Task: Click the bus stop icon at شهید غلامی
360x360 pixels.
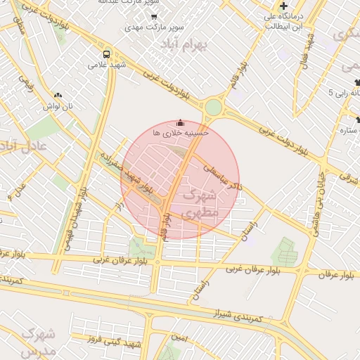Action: (x=106, y=53)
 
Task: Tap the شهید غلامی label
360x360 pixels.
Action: (x=106, y=65)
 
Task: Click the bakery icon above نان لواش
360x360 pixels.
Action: (x=58, y=94)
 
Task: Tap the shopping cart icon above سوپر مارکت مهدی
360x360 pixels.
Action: (x=154, y=16)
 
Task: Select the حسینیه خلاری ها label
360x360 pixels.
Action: (x=181, y=131)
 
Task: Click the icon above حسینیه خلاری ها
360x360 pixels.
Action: (x=181, y=122)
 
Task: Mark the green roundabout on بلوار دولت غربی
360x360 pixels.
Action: (x=212, y=108)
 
